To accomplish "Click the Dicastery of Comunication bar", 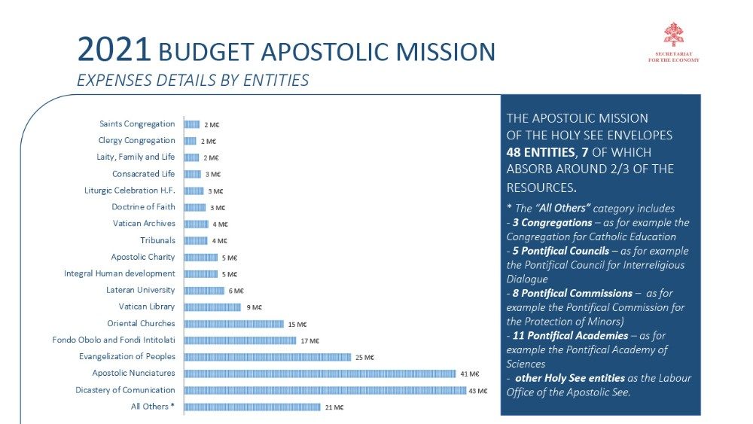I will click(x=325, y=390).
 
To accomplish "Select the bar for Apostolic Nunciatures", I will click(x=320, y=374).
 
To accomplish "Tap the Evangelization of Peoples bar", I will click(x=267, y=357).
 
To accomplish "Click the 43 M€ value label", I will click(x=477, y=391).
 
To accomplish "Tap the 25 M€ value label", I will click(x=364, y=357).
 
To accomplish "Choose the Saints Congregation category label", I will click(x=137, y=124).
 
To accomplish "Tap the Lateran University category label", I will click(x=141, y=290).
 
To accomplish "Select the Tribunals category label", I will click(x=157, y=240).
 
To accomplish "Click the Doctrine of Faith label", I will click(x=143, y=207).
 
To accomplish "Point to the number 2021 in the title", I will click(x=114, y=51).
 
